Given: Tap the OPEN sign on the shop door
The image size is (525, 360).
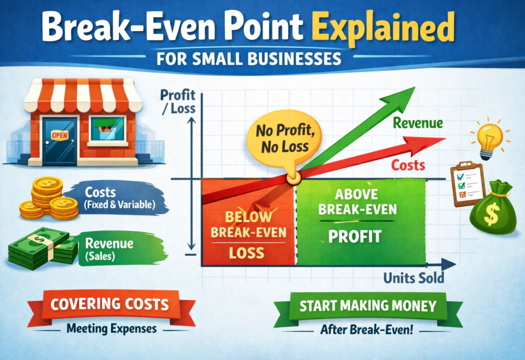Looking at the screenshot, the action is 60,135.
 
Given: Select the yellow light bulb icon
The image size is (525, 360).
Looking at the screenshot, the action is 491,139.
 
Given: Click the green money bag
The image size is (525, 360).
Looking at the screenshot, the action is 493,208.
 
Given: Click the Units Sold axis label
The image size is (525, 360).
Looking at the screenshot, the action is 413,278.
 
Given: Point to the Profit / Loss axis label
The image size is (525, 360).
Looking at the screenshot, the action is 178,102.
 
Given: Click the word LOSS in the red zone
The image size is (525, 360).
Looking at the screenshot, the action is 247,253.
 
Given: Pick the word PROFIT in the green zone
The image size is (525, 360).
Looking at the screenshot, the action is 355,237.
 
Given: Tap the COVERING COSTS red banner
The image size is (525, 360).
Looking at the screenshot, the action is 111,307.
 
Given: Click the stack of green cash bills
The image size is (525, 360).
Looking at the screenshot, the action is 43,248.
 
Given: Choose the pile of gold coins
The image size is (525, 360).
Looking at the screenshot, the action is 48,199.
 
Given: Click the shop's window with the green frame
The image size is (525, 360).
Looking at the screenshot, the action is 108,129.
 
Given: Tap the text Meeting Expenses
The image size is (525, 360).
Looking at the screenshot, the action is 112,329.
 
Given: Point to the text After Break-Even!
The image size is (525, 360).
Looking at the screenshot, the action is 366,330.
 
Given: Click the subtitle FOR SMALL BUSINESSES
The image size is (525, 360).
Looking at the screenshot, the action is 249,59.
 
